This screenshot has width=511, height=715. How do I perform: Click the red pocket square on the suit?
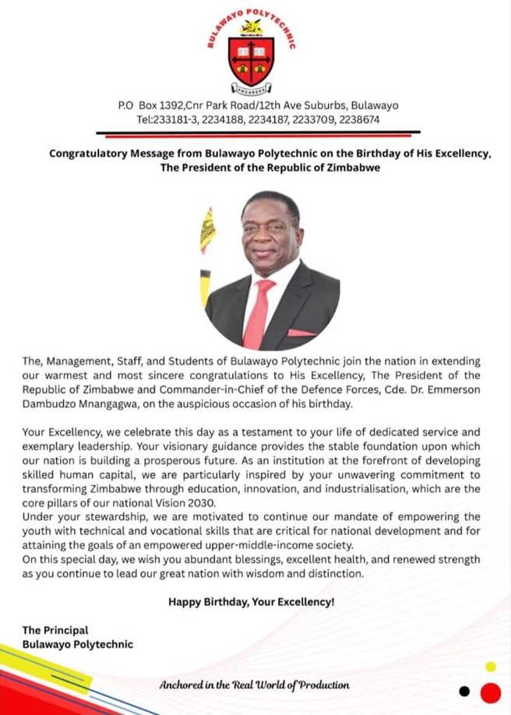click(x=301, y=333)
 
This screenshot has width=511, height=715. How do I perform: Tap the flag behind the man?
click(x=207, y=250)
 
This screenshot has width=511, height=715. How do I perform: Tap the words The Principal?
click(x=55, y=630)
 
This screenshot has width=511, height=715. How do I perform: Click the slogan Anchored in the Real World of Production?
click(x=254, y=685)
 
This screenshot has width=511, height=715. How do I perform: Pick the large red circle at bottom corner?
click(x=490, y=692)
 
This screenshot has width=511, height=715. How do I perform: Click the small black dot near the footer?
click(x=464, y=691)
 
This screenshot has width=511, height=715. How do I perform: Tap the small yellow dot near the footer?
click(x=490, y=667)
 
